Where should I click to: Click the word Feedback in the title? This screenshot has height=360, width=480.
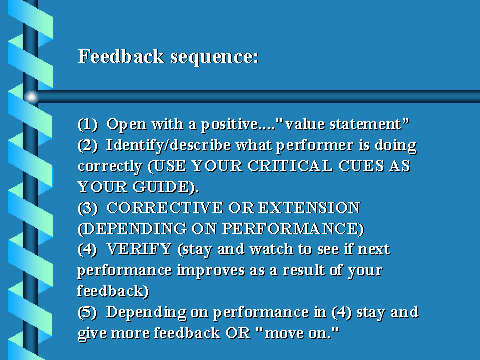click(x=121, y=56)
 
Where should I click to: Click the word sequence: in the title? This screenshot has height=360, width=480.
click(x=214, y=58)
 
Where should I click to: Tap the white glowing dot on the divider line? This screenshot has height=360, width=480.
click(x=31, y=97)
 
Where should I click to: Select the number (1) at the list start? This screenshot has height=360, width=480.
click(x=88, y=124)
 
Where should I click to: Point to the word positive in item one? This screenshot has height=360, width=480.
click(x=229, y=125)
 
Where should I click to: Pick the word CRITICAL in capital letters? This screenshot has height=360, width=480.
click(x=290, y=166)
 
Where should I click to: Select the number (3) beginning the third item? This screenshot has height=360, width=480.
click(x=88, y=208)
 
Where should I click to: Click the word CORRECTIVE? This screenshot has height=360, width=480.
click(x=165, y=208)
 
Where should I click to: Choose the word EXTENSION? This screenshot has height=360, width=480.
click(x=309, y=208)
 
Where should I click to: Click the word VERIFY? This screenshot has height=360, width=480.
click(x=139, y=249)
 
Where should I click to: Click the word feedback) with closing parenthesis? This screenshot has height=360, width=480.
click(x=113, y=291)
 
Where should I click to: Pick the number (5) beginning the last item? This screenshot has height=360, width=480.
click(x=87, y=312)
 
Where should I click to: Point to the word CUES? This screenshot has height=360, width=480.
click(x=361, y=166)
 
